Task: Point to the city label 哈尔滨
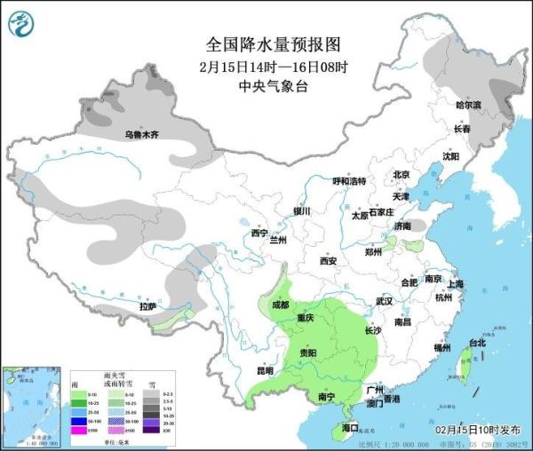[x=467, y=105]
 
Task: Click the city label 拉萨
[x=147, y=306]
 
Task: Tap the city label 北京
[x=401, y=175]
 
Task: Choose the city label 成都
[x=280, y=305]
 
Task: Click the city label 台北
[x=477, y=343]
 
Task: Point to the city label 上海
[x=456, y=284]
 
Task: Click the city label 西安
[x=328, y=261]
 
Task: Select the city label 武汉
[x=384, y=302]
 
